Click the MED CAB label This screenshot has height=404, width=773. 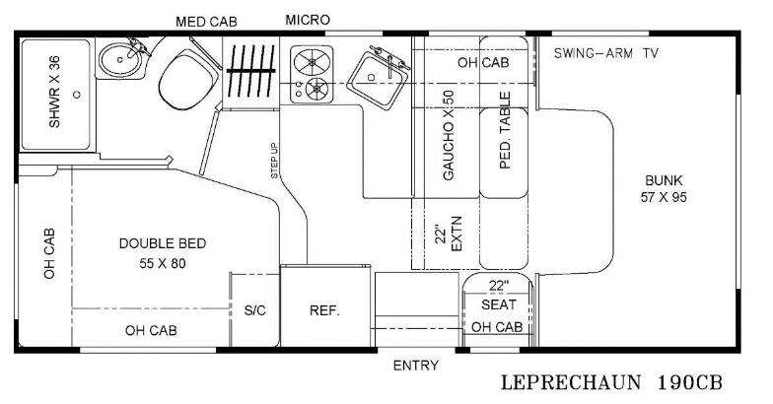pyautogui.click(x=206, y=22)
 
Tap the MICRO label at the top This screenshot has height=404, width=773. pyautogui.click(x=308, y=20)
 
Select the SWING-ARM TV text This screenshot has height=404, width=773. pyautogui.click(x=605, y=53)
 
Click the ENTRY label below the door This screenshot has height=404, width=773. pyautogui.click(x=416, y=365)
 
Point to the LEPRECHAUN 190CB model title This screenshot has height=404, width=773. pyautogui.click(x=611, y=382)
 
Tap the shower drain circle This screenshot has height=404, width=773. pyautogui.click(x=77, y=95)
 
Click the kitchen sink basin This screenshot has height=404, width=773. pyautogui.click(x=377, y=79)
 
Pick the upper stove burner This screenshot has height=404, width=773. pyautogui.click(x=312, y=61)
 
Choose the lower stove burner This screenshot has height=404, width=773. pyautogui.click(x=316, y=89)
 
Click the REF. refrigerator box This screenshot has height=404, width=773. pyautogui.click(x=325, y=305)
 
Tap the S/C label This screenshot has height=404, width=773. pyautogui.click(x=254, y=310)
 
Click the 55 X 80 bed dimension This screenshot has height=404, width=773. pyautogui.click(x=163, y=264)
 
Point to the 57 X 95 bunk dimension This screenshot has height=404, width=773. pyautogui.click(x=664, y=197)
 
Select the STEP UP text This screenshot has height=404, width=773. pyautogui.click(x=274, y=161)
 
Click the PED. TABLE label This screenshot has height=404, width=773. pyautogui.click(x=505, y=130)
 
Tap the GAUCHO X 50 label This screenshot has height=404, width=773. pyautogui.click(x=448, y=136)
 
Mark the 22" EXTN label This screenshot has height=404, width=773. pyautogui.click(x=449, y=234)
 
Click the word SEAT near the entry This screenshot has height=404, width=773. pyautogui.click(x=499, y=305)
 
